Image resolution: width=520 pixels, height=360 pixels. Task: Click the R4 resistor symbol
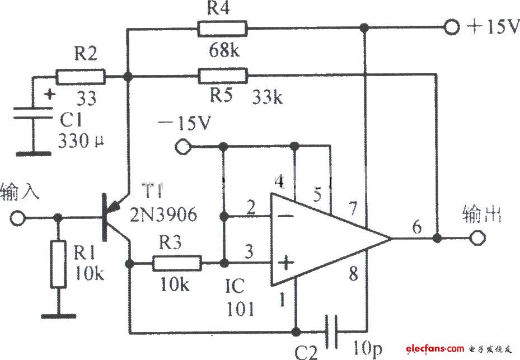coord(222,29)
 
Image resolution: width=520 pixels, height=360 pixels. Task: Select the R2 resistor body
coord(80,77)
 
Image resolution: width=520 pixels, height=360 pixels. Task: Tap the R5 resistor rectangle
coord(223,76)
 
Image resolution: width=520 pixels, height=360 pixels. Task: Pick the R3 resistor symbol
coord(177,263)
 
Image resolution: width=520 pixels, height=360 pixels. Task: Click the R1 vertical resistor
coord(58,265)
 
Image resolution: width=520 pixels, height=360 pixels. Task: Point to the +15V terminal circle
coord(451,27)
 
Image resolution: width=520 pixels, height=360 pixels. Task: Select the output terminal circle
coord(477,238)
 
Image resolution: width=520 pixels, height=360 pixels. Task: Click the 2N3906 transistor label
coord(163,214)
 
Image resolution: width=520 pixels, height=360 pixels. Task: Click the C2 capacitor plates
coord(331,331)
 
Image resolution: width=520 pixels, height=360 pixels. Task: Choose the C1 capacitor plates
coord(33,113)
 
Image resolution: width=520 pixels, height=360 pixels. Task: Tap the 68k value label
coord(224,50)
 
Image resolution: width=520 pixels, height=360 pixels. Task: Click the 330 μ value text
coord(81,141)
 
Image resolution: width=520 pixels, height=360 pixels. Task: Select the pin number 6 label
coord(417,227)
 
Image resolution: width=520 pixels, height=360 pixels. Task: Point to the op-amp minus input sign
coord(285,216)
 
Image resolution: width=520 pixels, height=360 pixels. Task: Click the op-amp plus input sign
coord(285,263)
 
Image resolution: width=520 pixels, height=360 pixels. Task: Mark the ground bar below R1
coord(59,316)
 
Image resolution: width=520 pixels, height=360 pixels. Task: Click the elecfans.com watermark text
coord(434,348)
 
